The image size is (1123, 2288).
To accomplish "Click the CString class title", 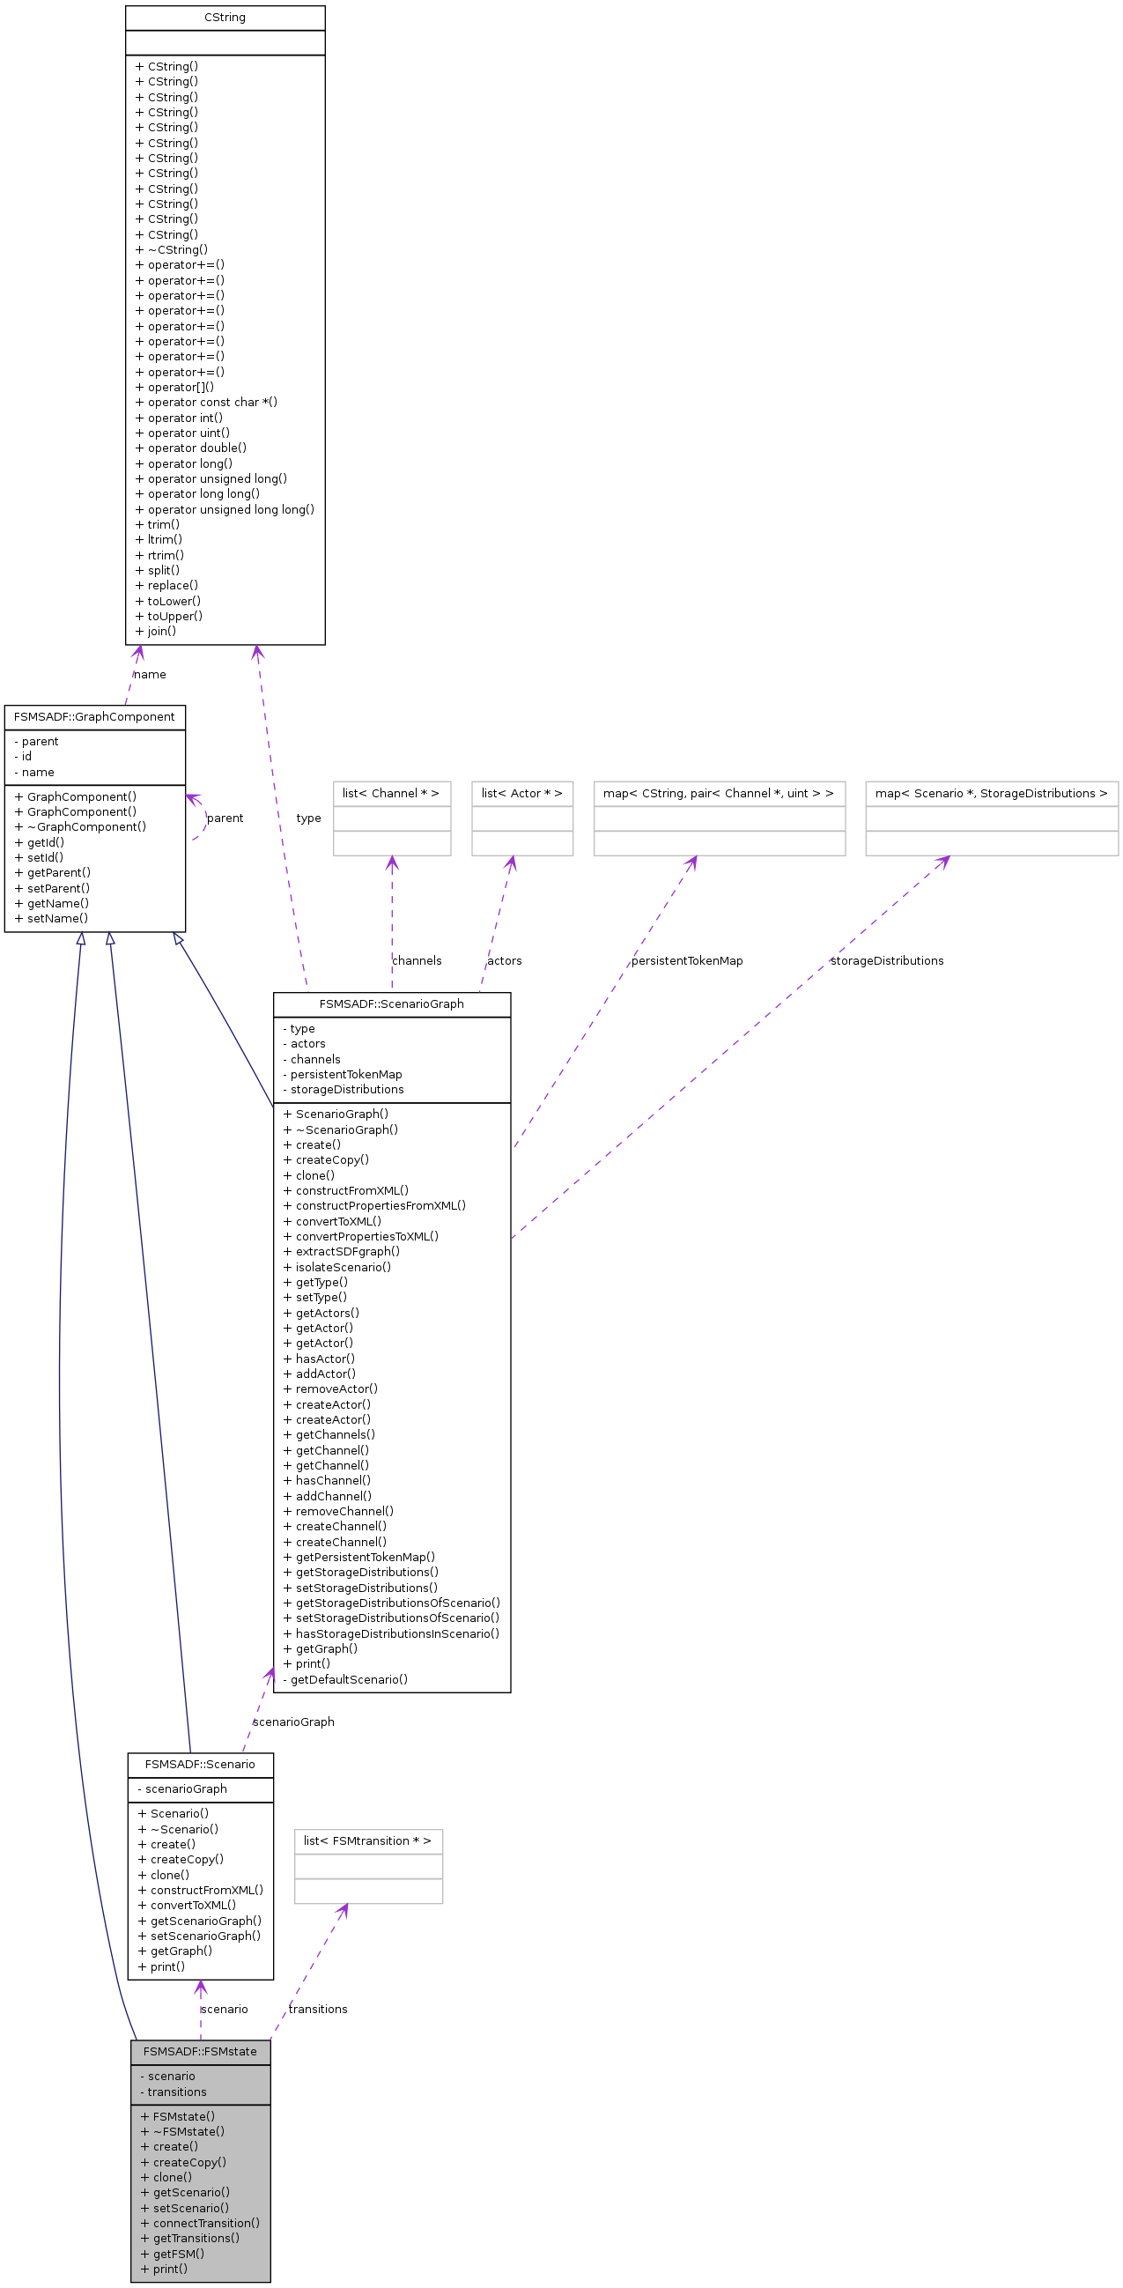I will pos(225,18).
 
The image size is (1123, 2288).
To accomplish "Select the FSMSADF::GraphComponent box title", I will pos(94,717).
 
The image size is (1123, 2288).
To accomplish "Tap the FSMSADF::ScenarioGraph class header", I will pos(391,1003).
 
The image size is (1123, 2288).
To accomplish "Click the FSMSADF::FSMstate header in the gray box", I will pos(200,2051).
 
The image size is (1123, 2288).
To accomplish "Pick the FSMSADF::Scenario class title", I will pos(200,1764).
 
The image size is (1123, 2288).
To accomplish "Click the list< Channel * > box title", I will pos(390,793).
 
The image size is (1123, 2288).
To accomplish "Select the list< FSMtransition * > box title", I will pos(367,1840).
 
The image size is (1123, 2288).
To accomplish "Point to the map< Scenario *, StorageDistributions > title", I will pos(991,793).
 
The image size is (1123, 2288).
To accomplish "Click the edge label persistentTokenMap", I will pos(686,961).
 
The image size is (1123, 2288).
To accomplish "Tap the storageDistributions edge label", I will pos(886,961).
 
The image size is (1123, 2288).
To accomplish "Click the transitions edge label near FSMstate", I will pos(318,2009).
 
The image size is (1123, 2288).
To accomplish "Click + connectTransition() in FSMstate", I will pos(200,2223).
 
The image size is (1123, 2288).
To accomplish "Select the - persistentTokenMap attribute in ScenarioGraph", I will pos(342,1075).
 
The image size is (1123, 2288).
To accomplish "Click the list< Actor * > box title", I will pos(521,793).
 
